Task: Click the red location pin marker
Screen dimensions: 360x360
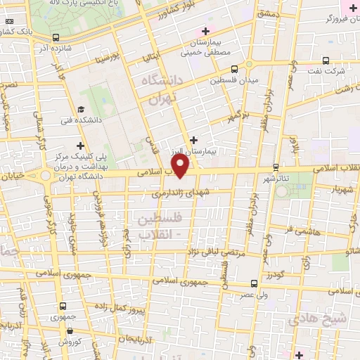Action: click(181, 165)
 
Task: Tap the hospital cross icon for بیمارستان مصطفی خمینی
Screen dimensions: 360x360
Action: click(205, 31)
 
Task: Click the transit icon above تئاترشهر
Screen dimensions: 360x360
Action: click(275, 167)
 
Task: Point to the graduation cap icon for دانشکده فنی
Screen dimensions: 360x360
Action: click(81, 109)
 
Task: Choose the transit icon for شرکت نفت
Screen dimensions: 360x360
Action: click(325, 60)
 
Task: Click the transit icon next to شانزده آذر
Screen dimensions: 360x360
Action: click(56, 39)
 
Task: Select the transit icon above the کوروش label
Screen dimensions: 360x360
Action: click(64, 333)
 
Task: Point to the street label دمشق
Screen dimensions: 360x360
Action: click(269, 14)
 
